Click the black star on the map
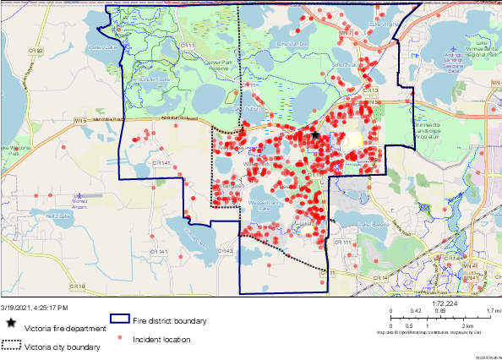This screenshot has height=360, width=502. click(x=315, y=134)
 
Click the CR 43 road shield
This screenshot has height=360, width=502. click(x=226, y=251)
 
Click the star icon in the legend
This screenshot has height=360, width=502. click(x=10, y=323)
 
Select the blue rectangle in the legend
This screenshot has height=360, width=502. click(x=118, y=320)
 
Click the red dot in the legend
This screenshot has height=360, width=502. click(x=120, y=338)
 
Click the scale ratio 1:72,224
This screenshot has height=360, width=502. click(x=444, y=303)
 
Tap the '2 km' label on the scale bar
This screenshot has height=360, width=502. click(x=443, y=324)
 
